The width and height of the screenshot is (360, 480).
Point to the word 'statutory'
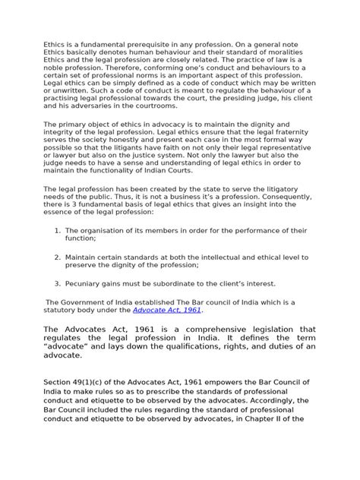[x=64, y=311]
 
